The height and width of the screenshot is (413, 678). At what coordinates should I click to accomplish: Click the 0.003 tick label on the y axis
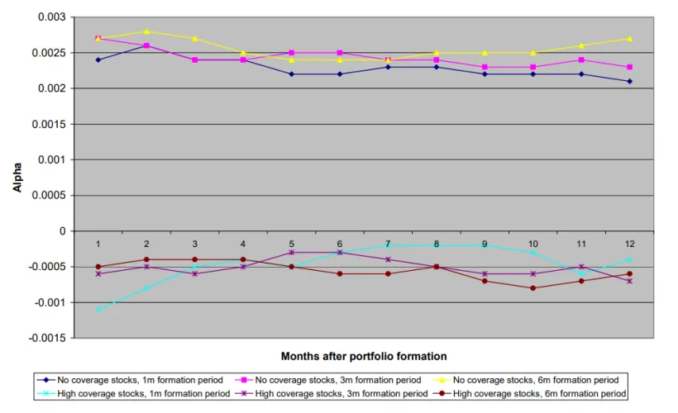[52, 17]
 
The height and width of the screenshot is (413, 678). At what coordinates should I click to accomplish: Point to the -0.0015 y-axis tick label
[48, 339]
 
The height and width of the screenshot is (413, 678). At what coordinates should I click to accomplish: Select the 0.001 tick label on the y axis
[52, 160]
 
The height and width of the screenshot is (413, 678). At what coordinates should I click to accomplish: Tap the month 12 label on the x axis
[629, 244]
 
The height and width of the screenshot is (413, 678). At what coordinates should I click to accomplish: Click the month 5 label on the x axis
[291, 244]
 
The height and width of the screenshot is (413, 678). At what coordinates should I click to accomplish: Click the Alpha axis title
[17, 178]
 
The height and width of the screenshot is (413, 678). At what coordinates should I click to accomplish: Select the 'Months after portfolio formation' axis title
[364, 356]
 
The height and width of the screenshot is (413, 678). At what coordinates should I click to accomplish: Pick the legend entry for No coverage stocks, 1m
[130, 380]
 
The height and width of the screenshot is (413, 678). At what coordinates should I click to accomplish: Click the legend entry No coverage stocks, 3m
[328, 380]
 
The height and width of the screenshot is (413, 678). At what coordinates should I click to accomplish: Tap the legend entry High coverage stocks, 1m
[134, 393]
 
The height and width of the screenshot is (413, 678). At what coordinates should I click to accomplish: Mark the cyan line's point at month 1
[98, 309]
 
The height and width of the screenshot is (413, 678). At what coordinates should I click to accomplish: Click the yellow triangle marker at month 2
[146, 31]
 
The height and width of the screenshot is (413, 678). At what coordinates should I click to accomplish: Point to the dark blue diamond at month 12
[629, 81]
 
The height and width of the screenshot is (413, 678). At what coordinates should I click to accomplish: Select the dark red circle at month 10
[532, 288]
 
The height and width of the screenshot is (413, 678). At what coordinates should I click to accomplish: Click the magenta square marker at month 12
[629, 67]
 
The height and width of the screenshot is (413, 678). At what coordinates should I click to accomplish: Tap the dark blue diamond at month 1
[98, 60]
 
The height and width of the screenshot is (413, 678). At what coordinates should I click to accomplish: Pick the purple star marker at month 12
[629, 281]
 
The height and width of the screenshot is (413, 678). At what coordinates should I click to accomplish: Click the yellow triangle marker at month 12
[629, 39]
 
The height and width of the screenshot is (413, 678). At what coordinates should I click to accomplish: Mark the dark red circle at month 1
[98, 267]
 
